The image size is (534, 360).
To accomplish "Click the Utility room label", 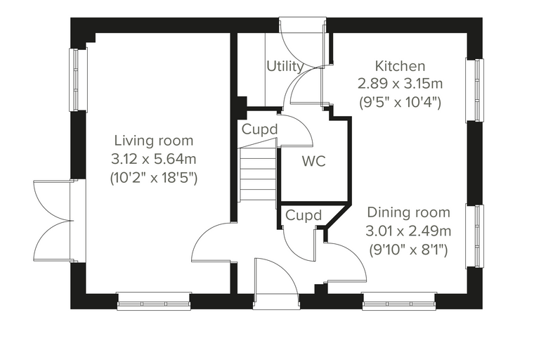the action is point(285,67).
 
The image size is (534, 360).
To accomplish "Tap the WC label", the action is point(313,161).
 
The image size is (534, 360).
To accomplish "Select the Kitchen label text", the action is point(400,66).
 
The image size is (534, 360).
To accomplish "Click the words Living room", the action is point(154,141).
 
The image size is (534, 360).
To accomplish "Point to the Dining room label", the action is point(408,212).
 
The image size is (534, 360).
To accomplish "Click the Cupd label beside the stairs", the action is point(260,129).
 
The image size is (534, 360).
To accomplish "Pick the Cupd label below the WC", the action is point(304,215).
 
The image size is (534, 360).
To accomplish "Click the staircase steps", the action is point(258,174).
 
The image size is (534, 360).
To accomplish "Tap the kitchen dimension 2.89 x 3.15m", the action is point(400,84).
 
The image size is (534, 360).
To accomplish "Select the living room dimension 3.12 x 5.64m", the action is point(154,159).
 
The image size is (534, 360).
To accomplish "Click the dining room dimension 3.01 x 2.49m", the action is point(408,231).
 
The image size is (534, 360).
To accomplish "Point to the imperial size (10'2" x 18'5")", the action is point(154,178).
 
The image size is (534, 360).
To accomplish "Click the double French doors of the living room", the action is point(55,221).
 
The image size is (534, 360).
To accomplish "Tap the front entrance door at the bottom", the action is point(276,284).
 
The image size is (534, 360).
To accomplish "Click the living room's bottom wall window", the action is point(154,302).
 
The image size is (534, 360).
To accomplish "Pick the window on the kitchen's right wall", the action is point(474,90).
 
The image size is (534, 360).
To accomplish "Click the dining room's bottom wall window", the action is point(399,302).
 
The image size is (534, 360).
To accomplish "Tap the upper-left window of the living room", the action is point(78,79).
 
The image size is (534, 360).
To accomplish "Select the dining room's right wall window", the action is point(474,236).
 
